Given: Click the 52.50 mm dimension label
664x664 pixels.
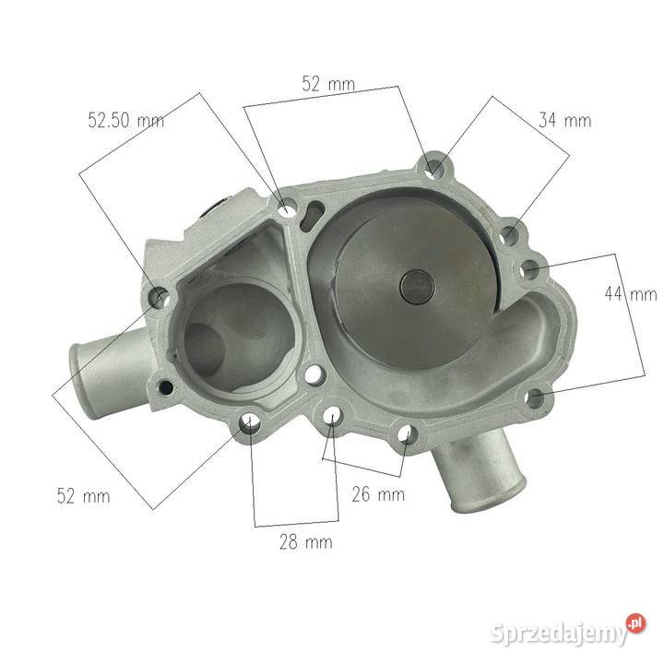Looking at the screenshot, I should click(x=125, y=121).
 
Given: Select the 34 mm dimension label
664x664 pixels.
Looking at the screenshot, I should click(x=564, y=120).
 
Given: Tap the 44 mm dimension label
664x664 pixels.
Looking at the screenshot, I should click(x=631, y=294).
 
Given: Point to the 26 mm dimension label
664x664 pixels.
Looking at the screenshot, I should click(x=378, y=493).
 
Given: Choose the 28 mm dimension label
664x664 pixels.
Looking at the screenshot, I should click(x=305, y=541).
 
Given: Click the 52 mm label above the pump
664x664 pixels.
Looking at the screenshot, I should click(x=328, y=84).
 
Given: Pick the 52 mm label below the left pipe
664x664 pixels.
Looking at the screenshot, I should click(x=83, y=496).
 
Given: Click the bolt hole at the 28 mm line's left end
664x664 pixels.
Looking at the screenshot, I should click(x=250, y=425).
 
